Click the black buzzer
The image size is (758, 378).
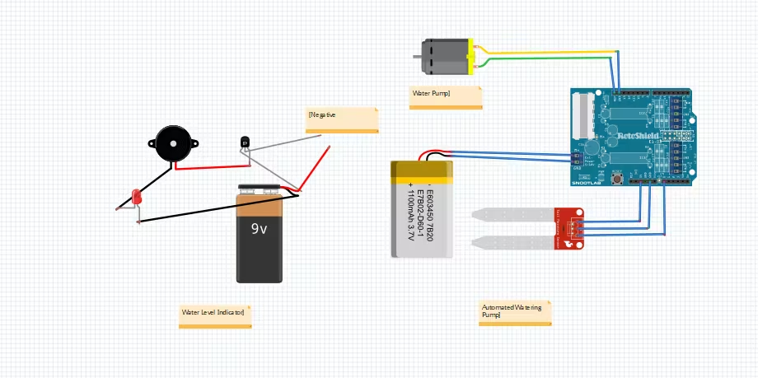[x=173, y=143]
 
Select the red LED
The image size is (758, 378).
[x=137, y=197]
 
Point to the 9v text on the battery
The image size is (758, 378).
[x=260, y=229]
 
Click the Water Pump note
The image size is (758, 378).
[x=446, y=97]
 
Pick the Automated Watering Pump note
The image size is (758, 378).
[x=515, y=313]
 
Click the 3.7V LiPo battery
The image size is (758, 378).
[x=422, y=210]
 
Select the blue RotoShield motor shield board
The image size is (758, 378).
[x=630, y=137]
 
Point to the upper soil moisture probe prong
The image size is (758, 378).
[x=511, y=215]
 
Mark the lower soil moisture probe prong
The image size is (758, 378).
[x=511, y=243]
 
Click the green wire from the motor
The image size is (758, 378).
[x=544, y=58]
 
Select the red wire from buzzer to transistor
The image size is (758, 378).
[x=206, y=167]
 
